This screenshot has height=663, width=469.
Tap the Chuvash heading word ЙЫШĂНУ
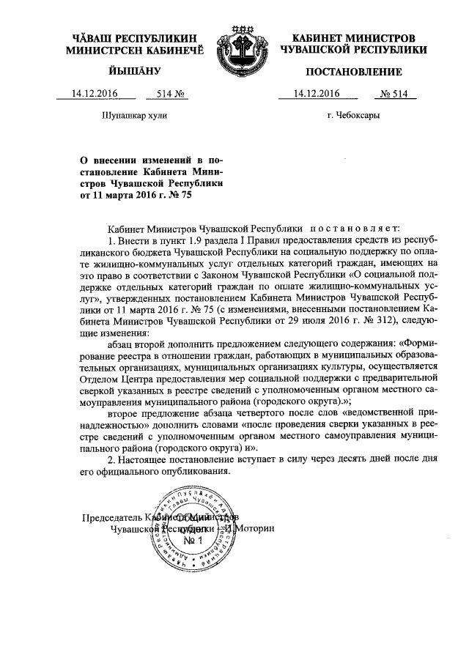[122, 72]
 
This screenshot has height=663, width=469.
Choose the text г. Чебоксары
[354, 116]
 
